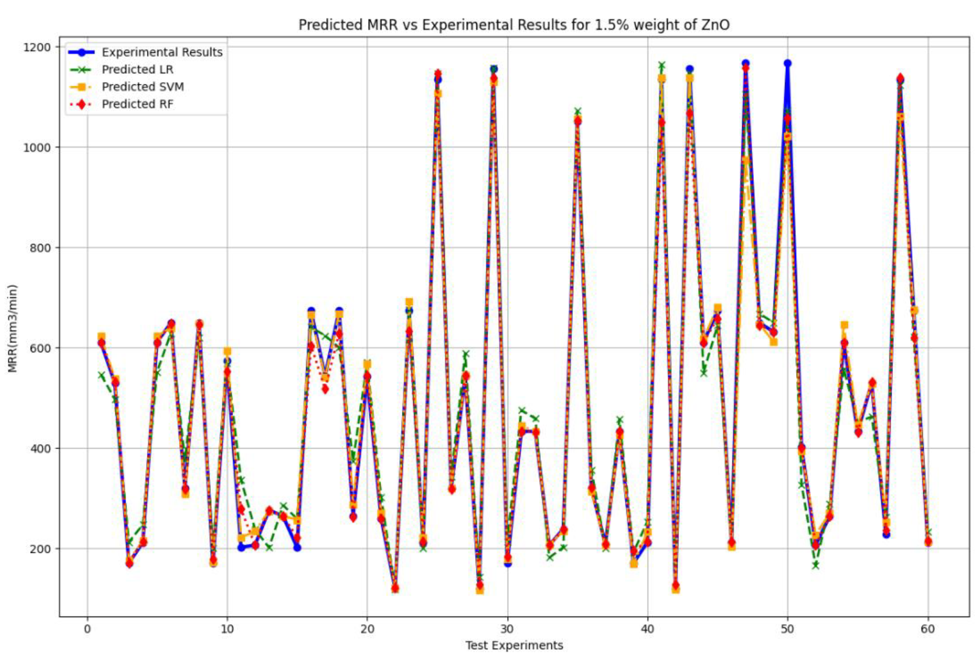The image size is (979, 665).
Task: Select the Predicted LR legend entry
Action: pos(137,70)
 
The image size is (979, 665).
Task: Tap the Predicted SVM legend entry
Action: pos(143,87)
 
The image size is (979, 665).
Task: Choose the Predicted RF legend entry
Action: pos(137,104)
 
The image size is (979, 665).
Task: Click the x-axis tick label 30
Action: pos(507,629)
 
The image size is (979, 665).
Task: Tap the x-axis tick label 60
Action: pos(928,629)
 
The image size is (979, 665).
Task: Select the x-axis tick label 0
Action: pos(87,629)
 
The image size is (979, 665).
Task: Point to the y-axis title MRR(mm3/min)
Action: pos(13,329)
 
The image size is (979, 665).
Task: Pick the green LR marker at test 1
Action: pos(102,375)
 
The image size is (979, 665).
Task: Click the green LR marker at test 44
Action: pos(703,373)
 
